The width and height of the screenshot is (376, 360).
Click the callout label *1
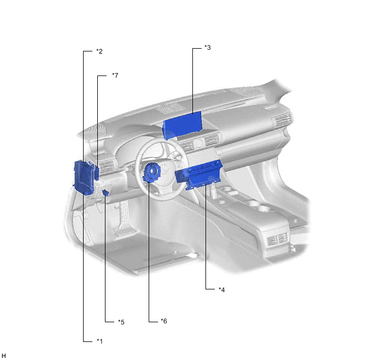99,341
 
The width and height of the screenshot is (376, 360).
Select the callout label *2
99,51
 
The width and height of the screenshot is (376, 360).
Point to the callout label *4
221,289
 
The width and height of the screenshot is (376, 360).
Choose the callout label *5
121,322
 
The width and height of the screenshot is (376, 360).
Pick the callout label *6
163,321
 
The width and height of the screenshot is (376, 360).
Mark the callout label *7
115,75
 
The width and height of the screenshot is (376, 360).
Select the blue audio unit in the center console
199,175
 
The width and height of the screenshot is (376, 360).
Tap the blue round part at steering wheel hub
152,173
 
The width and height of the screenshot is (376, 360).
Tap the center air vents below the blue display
191,146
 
